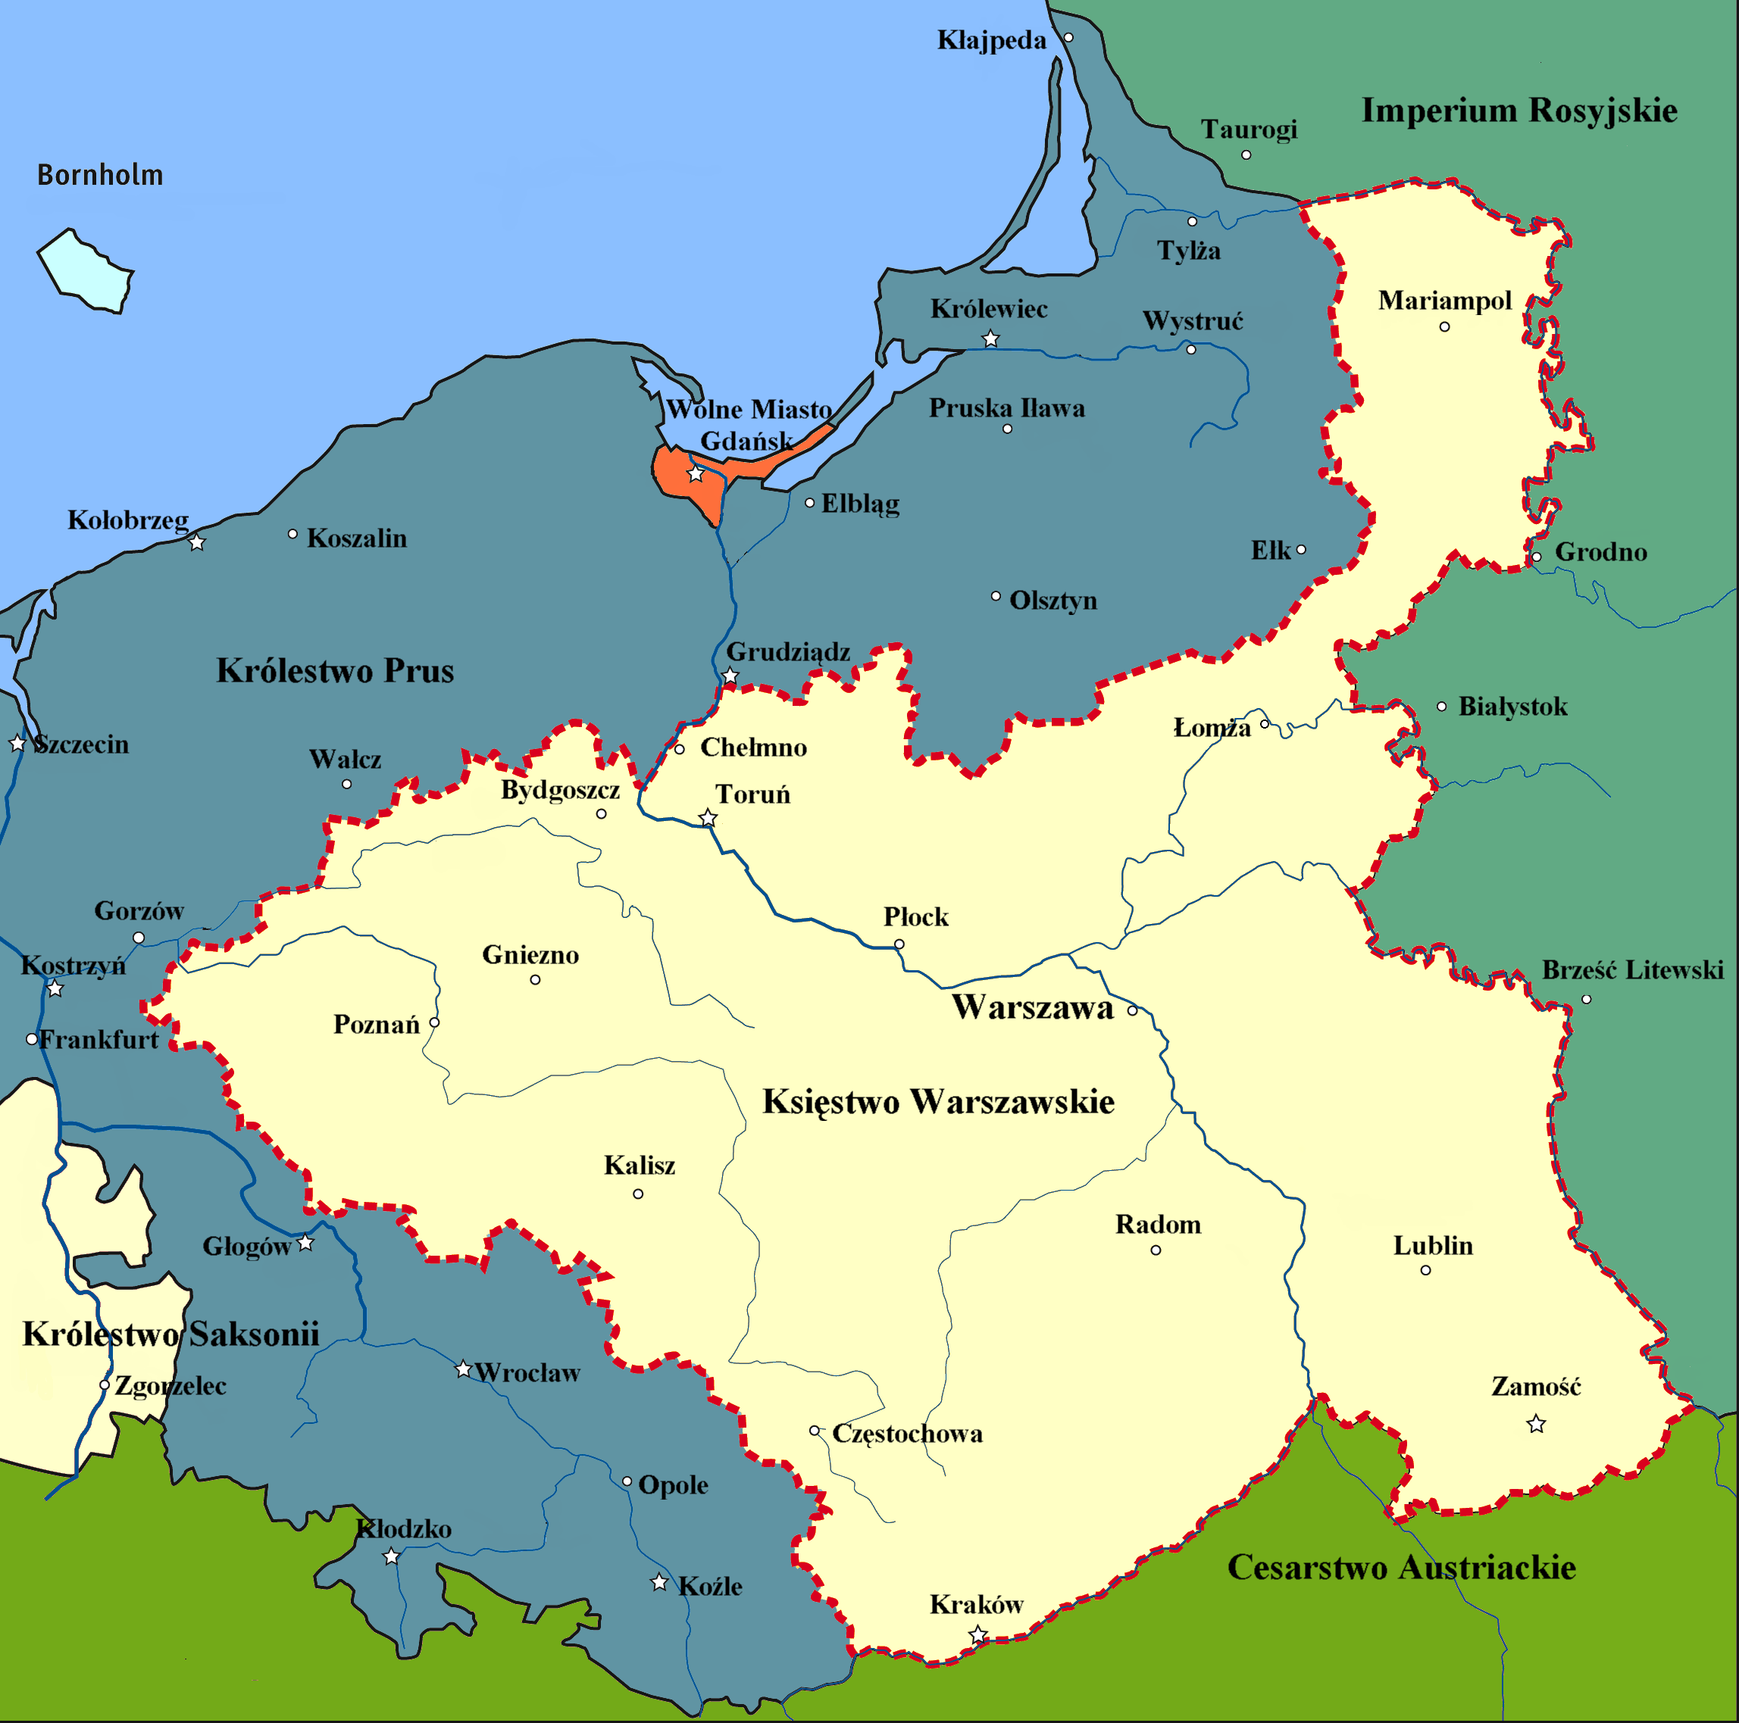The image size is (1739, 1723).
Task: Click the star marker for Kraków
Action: [977, 1634]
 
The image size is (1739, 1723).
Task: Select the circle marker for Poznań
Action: [434, 1022]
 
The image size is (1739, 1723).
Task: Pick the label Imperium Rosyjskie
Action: [1518, 111]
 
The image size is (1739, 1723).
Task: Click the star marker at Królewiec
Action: [990, 339]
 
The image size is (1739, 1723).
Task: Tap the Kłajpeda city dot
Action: [1068, 38]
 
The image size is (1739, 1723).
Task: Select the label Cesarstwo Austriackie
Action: [1402, 1567]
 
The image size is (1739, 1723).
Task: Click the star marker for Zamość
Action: [1536, 1425]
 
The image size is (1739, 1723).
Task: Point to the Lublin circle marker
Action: [1425, 1270]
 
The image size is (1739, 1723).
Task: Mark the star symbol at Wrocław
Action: [463, 1369]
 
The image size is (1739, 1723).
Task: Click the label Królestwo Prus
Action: [335, 671]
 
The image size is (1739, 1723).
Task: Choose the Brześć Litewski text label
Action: [1632, 970]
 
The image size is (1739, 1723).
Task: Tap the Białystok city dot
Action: [1441, 707]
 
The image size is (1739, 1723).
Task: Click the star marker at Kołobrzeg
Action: [197, 542]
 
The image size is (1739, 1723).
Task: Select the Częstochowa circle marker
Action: [814, 1431]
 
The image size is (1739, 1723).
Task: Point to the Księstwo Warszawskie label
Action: [938, 1102]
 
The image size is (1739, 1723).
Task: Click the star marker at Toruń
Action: [708, 818]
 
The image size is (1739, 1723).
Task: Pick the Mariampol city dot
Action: [1443, 326]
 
